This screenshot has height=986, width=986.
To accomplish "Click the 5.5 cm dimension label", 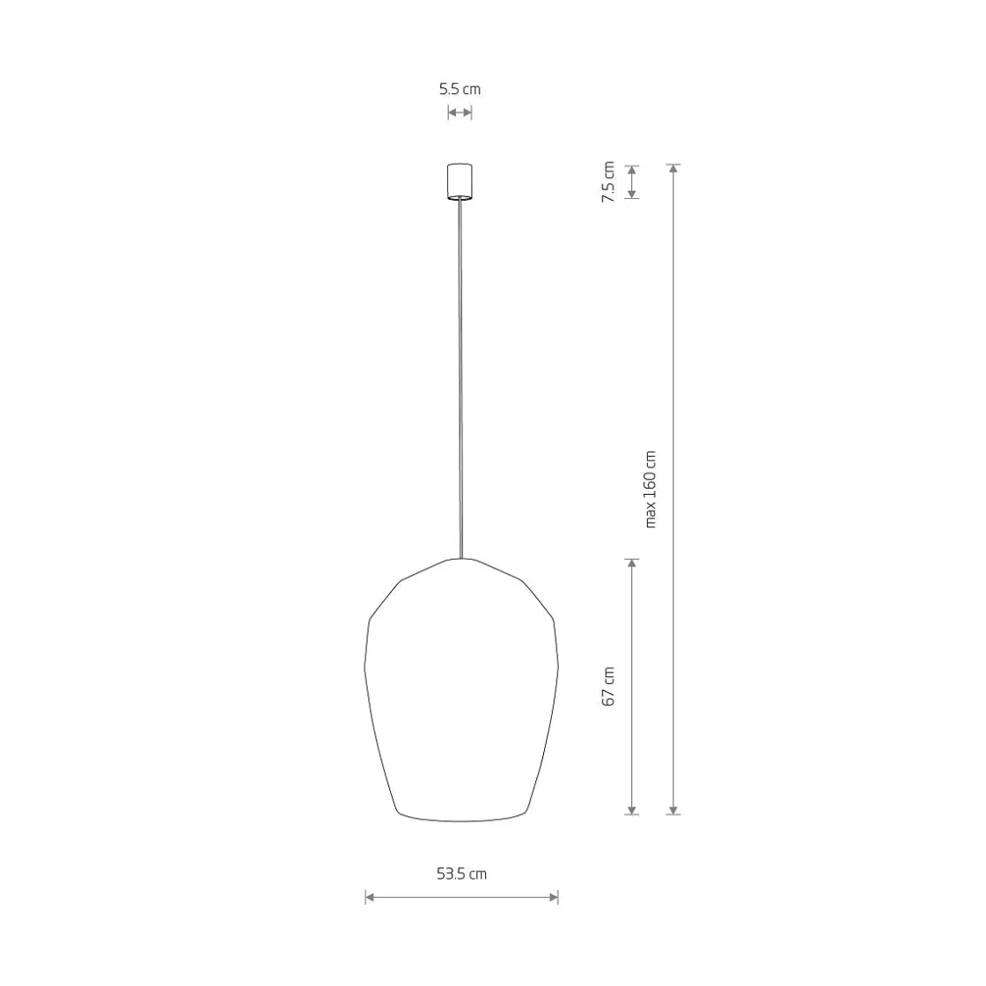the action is click(460, 89).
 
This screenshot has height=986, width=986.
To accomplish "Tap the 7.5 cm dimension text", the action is click(608, 181).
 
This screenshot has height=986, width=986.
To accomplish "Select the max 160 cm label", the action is click(651, 489).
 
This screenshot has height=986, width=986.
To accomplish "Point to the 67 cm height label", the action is click(608, 687).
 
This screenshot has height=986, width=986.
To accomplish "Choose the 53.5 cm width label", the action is click(461, 873).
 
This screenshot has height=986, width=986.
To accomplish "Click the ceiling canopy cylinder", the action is click(460, 181).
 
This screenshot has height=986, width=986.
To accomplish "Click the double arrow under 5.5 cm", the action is click(460, 113).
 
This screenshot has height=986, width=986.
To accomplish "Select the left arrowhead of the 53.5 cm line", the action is click(370, 897).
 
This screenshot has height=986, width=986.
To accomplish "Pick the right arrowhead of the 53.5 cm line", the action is click(554, 897).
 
